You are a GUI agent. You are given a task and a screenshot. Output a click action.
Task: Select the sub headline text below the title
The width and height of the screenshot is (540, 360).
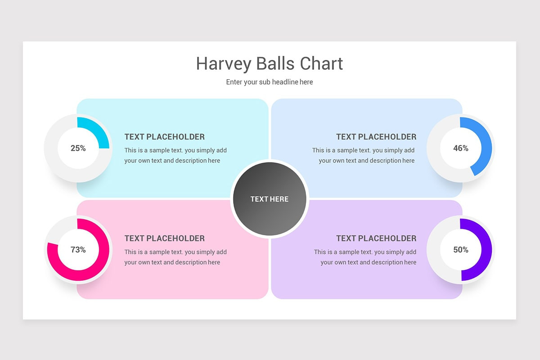tap(269, 82)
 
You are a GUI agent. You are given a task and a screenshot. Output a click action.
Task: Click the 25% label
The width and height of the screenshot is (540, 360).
tap(78, 148)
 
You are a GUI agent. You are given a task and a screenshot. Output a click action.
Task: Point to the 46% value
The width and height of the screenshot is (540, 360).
tap(460, 148)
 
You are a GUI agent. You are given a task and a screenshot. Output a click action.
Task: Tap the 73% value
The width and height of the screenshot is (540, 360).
tap(78, 250)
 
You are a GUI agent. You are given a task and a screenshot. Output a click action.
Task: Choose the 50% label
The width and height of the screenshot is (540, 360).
tap(460, 250)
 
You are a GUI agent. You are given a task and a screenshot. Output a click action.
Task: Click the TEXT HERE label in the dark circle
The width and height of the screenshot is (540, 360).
tap(269, 199)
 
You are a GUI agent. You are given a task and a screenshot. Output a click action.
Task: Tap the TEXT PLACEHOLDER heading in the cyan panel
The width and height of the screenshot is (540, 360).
tap(164, 137)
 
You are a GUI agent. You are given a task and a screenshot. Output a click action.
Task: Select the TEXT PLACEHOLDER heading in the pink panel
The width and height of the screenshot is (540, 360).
tap(164, 238)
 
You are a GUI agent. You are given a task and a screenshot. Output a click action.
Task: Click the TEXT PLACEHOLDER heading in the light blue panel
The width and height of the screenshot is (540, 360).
tap(376, 137)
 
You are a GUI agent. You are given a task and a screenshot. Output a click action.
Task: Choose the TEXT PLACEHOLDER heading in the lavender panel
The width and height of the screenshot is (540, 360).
tap(376, 238)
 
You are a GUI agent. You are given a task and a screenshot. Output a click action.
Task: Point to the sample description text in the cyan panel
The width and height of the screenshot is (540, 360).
tap(175, 155)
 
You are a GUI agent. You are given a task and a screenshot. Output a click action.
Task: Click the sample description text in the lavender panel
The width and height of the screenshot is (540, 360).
tap(365, 257)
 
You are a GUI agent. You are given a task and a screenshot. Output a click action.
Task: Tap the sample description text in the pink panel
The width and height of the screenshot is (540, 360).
tap(175, 257)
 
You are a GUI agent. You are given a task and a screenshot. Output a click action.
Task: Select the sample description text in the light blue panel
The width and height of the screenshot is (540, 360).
tap(364, 155)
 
